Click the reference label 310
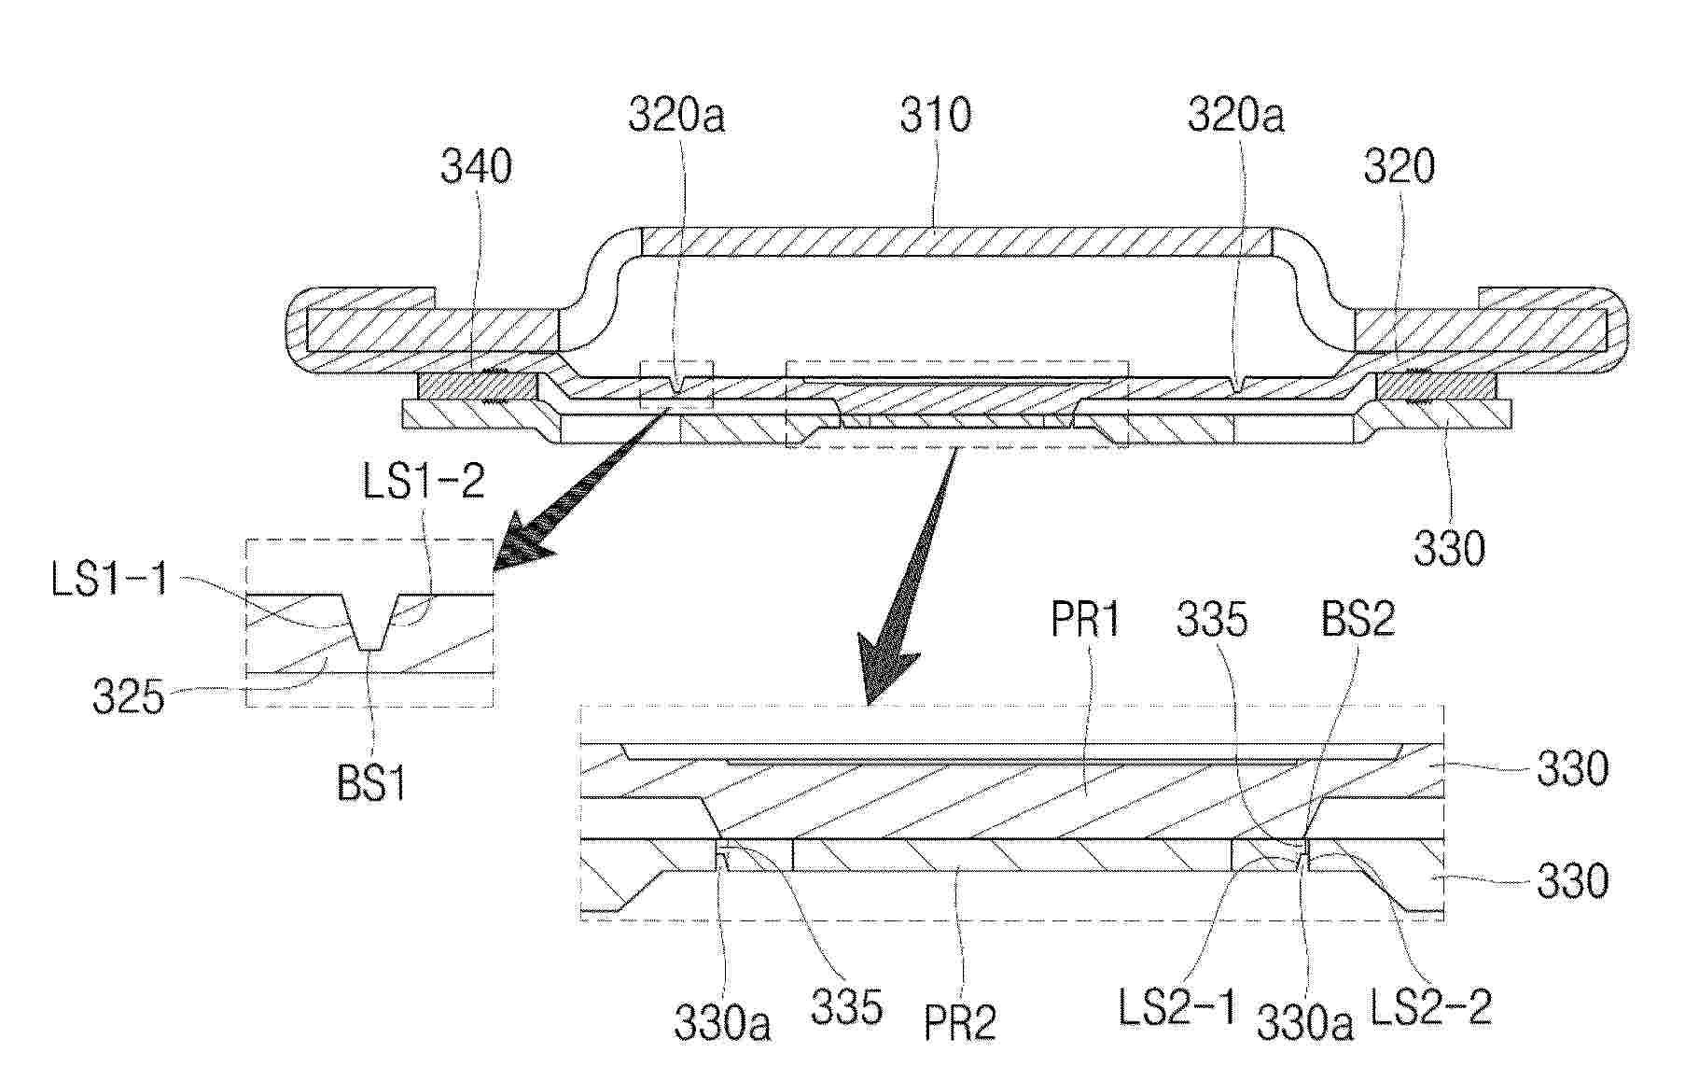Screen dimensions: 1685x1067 coord(935,116)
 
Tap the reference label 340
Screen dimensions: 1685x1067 coord(477,167)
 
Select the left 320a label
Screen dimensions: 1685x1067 coord(676,116)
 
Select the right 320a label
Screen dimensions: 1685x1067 coord(1235,116)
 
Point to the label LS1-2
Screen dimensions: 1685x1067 coord(424,482)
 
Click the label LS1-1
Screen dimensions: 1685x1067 coord(110,580)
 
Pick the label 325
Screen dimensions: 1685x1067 coord(129,696)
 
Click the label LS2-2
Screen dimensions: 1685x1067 coord(1430,1008)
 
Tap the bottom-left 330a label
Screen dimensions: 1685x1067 coord(723,1025)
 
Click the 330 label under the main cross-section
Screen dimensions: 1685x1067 coord(1449,550)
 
